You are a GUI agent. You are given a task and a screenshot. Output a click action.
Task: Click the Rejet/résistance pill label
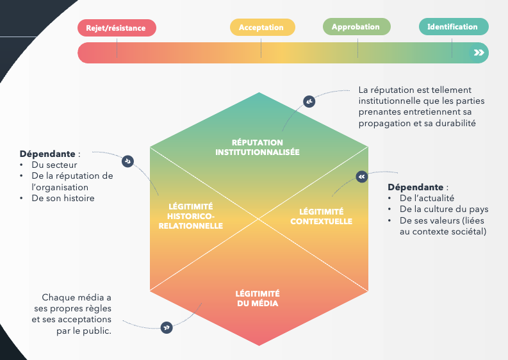[x=117, y=28]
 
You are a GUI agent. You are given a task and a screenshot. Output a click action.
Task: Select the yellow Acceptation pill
[x=261, y=28]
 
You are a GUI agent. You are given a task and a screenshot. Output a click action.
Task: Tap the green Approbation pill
[x=356, y=27]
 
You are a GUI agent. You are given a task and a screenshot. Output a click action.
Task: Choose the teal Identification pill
[x=452, y=27]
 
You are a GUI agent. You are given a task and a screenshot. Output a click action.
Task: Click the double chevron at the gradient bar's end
[x=479, y=53]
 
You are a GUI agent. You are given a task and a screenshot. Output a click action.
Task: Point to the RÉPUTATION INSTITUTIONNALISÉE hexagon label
[x=258, y=147]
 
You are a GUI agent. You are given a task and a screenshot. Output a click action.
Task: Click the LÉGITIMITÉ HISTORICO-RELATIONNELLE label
[x=190, y=216]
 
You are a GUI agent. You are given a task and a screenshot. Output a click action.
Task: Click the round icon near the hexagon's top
[x=309, y=101]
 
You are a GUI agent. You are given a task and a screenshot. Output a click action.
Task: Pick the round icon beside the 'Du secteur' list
[x=128, y=161]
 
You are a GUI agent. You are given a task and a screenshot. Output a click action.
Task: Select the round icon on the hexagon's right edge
[x=361, y=176]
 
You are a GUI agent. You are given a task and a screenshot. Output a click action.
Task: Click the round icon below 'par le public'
[x=167, y=327]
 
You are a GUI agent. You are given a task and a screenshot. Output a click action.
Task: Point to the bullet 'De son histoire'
[x=63, y=198]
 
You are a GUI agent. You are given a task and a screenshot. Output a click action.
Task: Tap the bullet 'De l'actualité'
[x=427, y=198]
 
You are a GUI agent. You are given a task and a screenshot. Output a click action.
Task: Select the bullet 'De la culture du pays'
[x=444, y=209]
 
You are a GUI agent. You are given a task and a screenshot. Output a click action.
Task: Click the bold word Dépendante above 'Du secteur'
[x=47, y=154]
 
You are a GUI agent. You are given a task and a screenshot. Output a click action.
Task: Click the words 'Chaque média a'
[x=77, y=297]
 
